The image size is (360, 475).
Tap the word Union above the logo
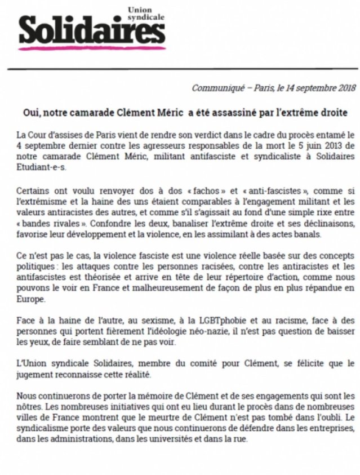(x=141, y=10)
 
